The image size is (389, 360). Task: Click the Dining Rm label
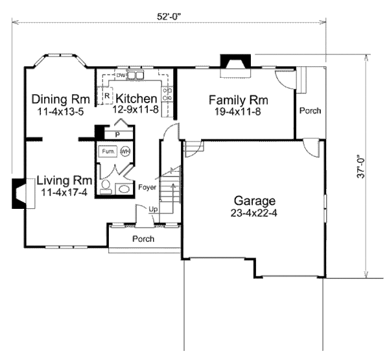point(60,99)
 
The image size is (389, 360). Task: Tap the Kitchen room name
point(136,99)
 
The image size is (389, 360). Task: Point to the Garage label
point(255,200)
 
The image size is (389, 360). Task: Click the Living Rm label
point(63,180)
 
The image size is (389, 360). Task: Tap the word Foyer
point(147,187)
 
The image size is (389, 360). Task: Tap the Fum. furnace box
point(107,151)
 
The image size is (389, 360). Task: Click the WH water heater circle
point(124,151)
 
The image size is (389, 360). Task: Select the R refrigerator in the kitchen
point(106,97)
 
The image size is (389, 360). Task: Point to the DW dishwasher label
point(121,75)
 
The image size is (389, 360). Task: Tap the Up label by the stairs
point(153,210)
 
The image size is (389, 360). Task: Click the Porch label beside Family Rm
point(310,111)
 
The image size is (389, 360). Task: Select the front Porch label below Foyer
point(143,239)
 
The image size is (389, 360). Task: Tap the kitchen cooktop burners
point(167,97)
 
